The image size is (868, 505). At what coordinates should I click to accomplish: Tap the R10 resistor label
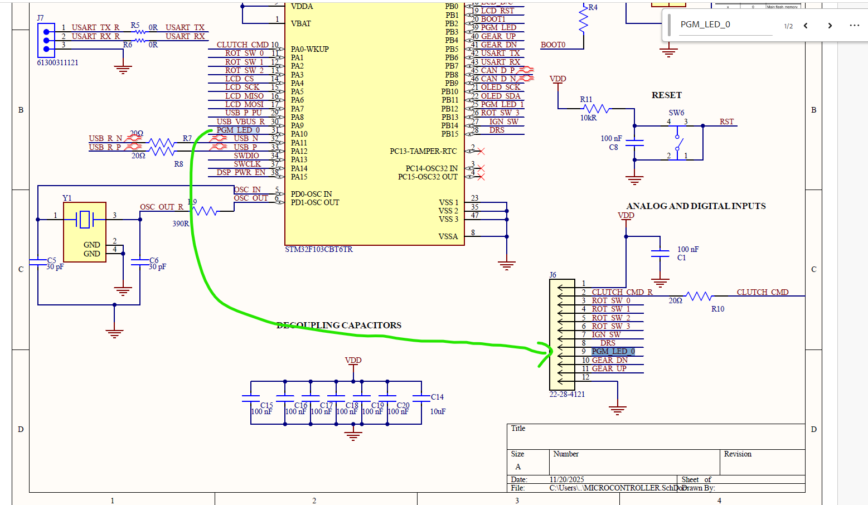point(717,309)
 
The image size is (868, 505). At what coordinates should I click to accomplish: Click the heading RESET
point(666,95)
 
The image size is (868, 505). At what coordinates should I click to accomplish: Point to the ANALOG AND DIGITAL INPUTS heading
point(696,206)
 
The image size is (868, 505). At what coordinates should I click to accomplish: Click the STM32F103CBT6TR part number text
point(319,249)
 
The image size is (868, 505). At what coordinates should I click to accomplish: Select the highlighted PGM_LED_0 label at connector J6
point(613,351)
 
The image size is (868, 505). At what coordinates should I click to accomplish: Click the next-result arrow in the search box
point(830,26)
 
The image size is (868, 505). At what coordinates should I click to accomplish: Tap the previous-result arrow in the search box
point(806,26)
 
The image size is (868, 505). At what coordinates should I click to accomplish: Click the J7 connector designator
point(40,18)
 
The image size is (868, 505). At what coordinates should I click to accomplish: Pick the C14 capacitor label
point(437,397)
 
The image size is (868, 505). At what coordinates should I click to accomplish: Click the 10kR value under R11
point(588,118)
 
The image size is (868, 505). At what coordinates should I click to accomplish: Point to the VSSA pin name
point(448,236)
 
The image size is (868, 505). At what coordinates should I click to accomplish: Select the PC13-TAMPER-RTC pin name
point(423,151)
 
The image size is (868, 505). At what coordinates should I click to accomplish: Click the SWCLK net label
point(247,164)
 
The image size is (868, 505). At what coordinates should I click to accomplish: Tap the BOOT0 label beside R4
point(553,45)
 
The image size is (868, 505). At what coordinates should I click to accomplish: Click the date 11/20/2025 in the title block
point(566,479)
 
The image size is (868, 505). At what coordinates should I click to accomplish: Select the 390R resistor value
point(181,224)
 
